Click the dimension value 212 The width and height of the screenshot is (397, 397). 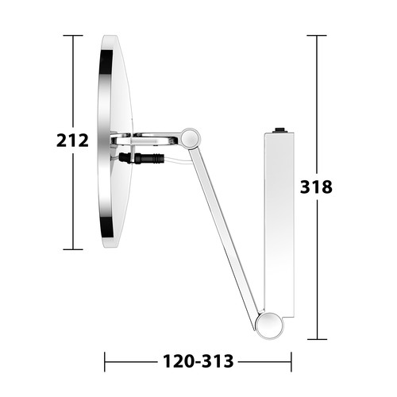click(x=72, y=141)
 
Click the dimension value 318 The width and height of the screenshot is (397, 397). click(x=316, y=187)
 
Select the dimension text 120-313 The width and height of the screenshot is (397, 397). click(x=198, y=361)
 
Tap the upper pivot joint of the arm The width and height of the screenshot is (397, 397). click(x=190, y=137)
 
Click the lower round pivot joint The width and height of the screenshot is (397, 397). click(x=269, y=326)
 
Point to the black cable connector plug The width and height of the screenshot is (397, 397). click(x=141, y=158)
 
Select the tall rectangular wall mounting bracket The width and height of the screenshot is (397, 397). click(x=279, y=225)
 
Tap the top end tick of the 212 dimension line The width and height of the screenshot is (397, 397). click(x=73, y=35)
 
